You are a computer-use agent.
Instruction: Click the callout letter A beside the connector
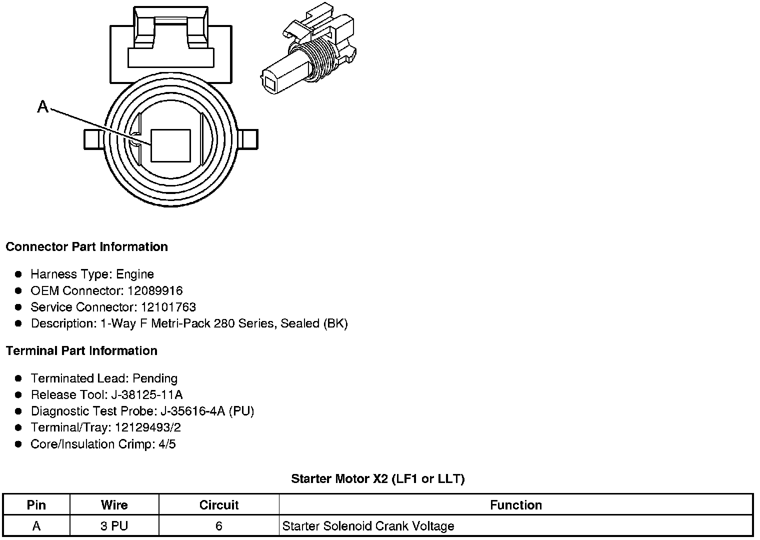coord(43,106)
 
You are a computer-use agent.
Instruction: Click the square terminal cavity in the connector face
coord(170,146)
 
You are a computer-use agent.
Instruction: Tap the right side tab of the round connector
coord(249,139)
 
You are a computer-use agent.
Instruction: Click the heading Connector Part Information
coord(86,247)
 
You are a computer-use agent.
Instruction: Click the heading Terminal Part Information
coord(81,351)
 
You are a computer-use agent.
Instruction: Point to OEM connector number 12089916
coord(155,290)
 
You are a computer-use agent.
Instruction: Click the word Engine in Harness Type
coord(135,274)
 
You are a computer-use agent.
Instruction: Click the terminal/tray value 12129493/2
coord(148,427)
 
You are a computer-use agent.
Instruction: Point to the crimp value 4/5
coord(167,444)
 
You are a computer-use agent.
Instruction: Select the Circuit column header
coord(219,505)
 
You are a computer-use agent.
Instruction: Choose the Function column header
coord(516,505)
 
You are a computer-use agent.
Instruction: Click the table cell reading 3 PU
coord(114,526)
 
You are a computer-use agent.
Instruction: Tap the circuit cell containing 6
coord(219,526)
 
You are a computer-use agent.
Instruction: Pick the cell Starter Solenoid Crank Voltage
coord(368,526)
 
